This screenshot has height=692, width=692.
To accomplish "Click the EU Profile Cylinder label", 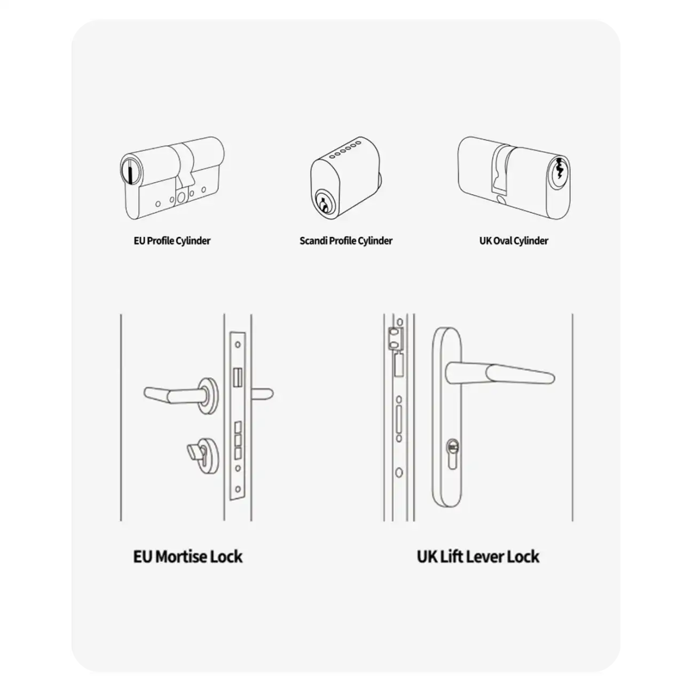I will (x=172, y=241).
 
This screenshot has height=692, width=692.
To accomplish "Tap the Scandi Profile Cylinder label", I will (x=346, y=241).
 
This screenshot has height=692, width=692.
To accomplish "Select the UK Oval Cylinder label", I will (x=514, y=241).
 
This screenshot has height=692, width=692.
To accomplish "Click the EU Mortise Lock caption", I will (x=188, y=556).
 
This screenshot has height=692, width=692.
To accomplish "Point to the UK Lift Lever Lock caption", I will (x=478, y=556).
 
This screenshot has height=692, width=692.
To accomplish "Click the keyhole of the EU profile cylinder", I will (x=130, y=172).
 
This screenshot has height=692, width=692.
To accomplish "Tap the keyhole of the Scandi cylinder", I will (x=323, y=203).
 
